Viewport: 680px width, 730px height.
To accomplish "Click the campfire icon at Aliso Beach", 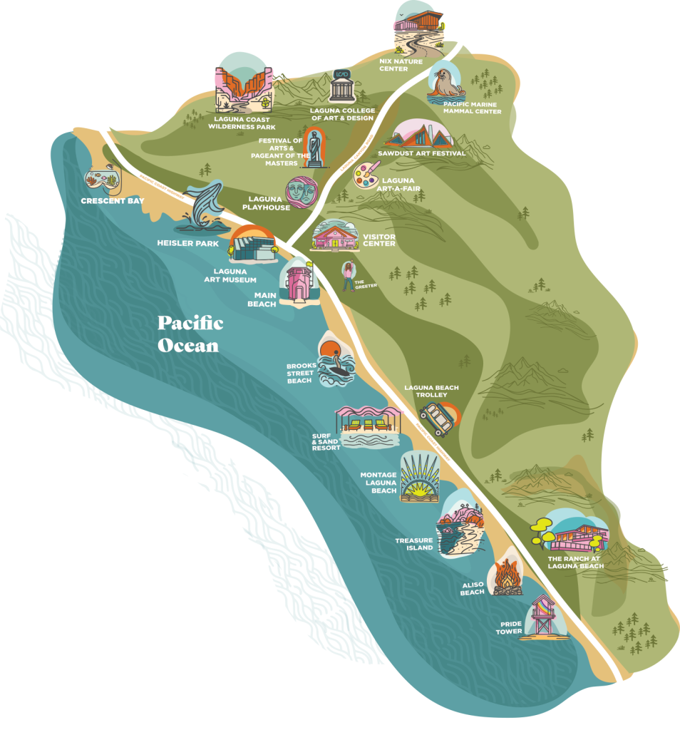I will click(508, 575).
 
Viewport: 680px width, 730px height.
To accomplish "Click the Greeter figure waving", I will click(349, 275).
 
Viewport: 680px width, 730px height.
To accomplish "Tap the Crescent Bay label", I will click(113, 201).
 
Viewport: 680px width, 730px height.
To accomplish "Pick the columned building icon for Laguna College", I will click(341, 87).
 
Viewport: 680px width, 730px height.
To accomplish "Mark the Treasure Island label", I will click(414, 544).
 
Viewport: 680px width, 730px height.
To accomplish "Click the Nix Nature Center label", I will click(401, 66).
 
